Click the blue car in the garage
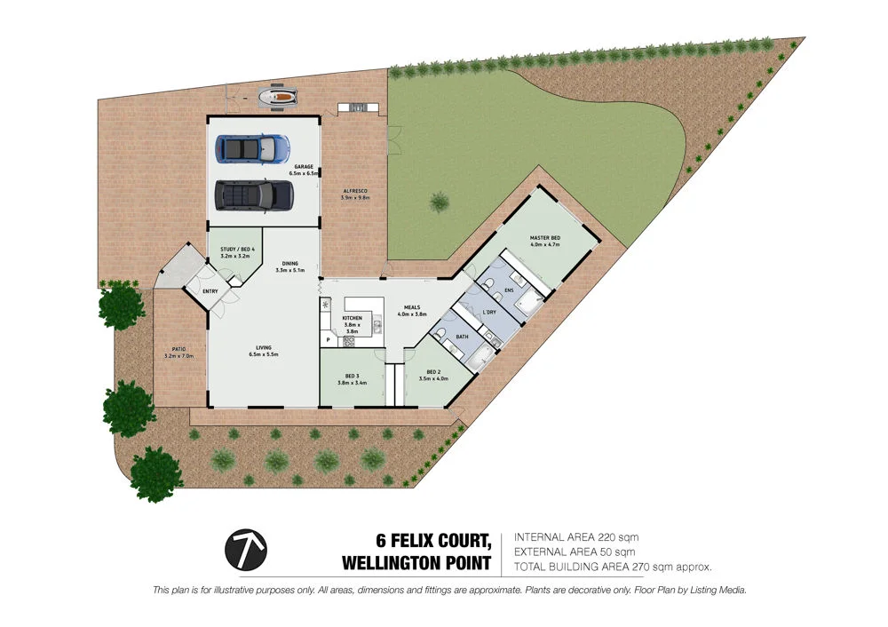(x=252, y=147)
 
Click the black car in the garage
(x=255, y=194)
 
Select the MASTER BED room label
(x=544, y=238)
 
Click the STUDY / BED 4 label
(x=237, y=250)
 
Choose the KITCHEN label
(x=353, y=317)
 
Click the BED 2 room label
(x=434, y=371)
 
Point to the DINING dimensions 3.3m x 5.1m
(x=290, y=270)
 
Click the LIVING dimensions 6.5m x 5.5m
(x=264, y=354)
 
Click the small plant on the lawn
(x=440, y=202)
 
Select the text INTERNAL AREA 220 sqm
(x=576, y=537)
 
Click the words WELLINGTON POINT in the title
(x=416, y=562)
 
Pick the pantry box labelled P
(x=328, y=339)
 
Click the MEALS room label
(x=413, y=307)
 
